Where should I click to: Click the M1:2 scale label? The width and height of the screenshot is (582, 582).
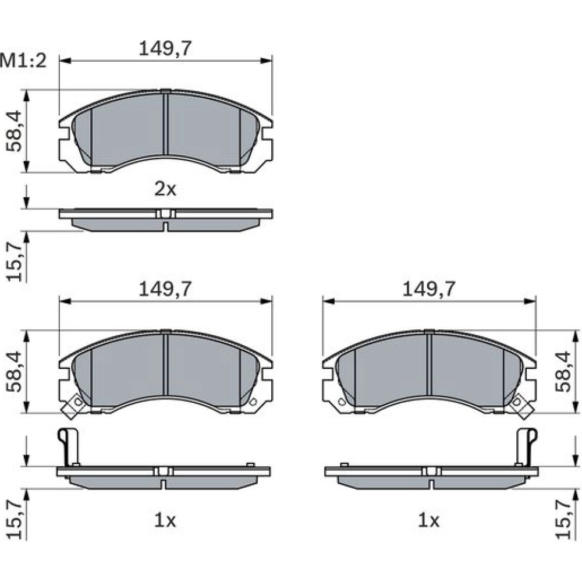[x=23, y=61]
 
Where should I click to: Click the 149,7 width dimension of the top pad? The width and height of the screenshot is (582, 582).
[x=165, y=49]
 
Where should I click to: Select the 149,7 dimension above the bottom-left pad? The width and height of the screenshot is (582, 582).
[x=165, y=289]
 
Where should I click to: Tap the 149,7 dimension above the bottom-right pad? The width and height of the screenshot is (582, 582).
[x=429, y=289]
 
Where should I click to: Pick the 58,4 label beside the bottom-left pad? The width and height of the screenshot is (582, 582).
[x=15, y=371]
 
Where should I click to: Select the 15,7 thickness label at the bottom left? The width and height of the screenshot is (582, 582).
[x=15, y=519]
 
